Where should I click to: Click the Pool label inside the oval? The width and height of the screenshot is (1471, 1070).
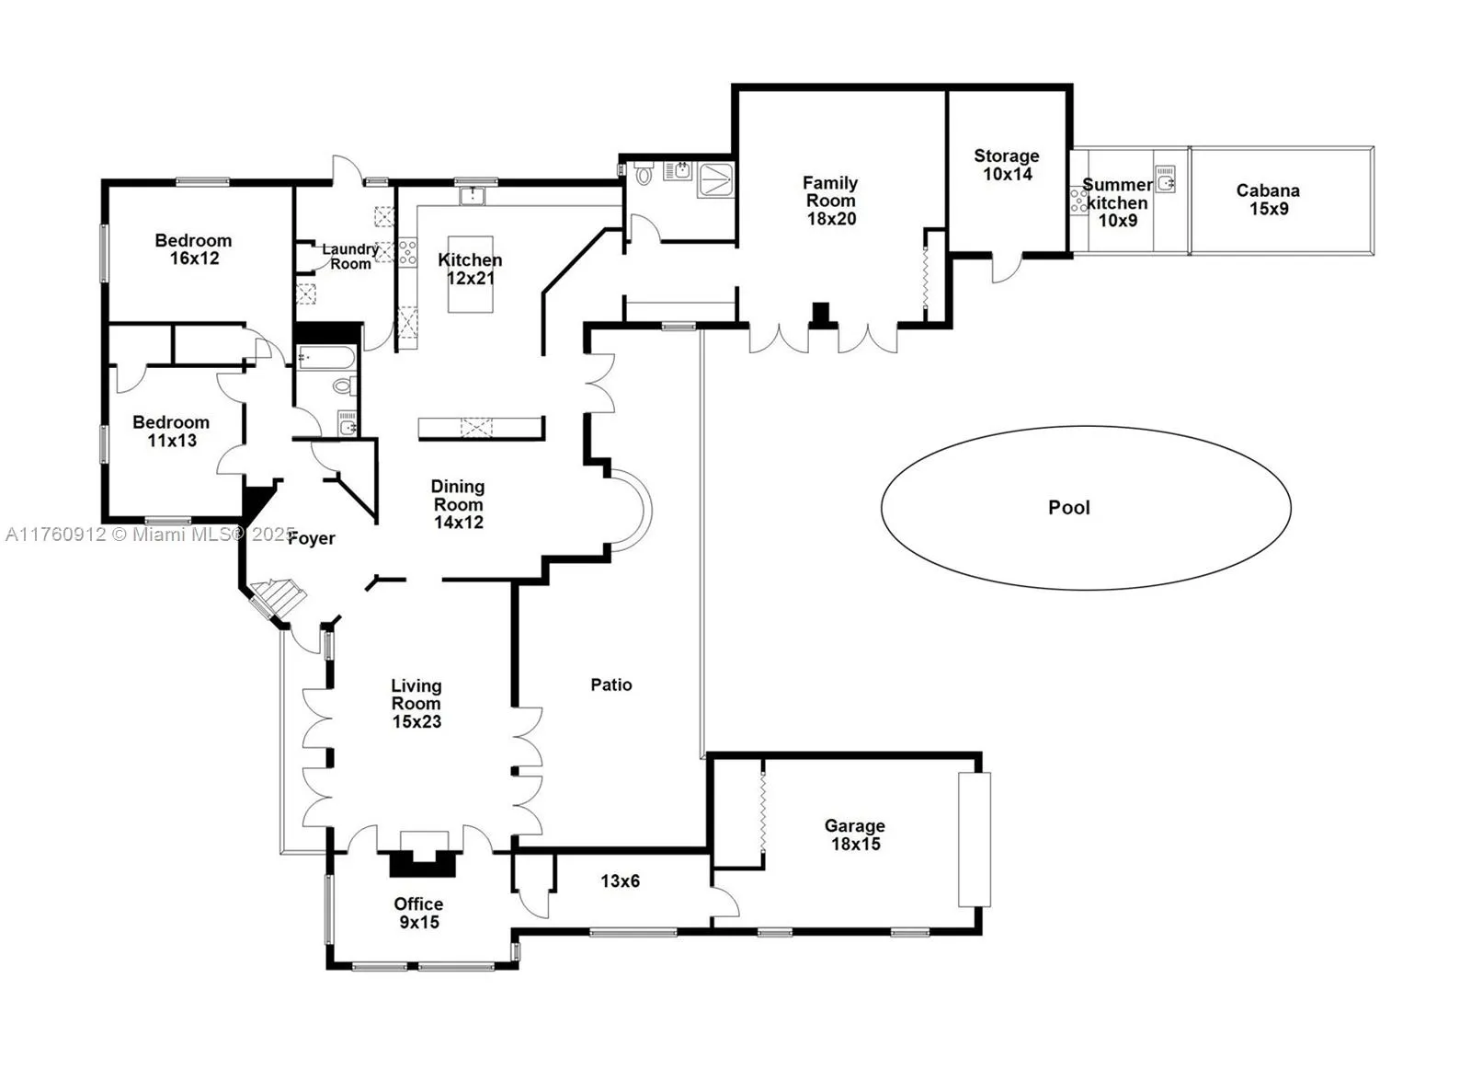tap(1068, 507)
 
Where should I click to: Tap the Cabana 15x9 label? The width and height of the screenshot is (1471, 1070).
tap(1268, 199)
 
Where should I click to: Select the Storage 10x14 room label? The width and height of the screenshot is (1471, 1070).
tap(1007, 165)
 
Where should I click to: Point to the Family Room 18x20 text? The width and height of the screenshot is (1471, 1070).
tap(831, 201)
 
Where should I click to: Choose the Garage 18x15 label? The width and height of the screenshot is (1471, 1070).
tap(855, 834)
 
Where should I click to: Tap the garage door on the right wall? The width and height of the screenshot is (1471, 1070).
tap(975, 839)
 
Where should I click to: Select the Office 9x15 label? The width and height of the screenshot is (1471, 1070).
tap(418, 913)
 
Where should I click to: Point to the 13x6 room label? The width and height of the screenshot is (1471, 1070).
tap(620, 880)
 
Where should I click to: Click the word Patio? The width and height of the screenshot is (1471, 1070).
tap(611, 685)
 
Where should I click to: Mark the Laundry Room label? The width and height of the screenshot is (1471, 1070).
tap(350, 256)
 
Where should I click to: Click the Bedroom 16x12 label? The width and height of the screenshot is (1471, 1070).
tap(193, 249)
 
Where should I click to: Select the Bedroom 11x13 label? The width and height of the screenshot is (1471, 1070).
tap(171, 431)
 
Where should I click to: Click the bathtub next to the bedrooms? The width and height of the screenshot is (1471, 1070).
tap(326, 357)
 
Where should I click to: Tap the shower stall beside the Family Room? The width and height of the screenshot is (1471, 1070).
tap(716, 179)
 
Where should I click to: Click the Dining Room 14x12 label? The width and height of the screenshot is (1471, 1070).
tap(458, 503)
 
